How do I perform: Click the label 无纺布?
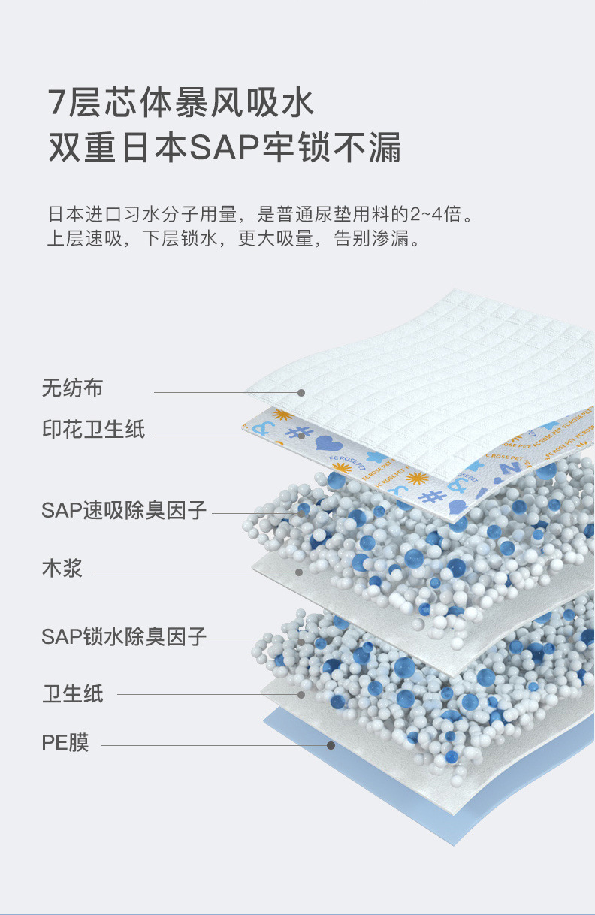click(72, 389)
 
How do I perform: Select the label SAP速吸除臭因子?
click(124, 510)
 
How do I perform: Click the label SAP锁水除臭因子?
click(124, 637)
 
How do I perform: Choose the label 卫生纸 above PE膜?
click(72, 693)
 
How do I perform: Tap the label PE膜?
click(65, 744)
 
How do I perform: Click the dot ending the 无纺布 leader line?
click(301, 393)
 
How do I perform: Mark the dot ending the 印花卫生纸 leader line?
click(301, 435)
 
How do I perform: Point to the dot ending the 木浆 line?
click(299, 572)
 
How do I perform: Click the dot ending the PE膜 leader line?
click(331, 745)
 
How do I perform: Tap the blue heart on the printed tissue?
click(328, 444)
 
